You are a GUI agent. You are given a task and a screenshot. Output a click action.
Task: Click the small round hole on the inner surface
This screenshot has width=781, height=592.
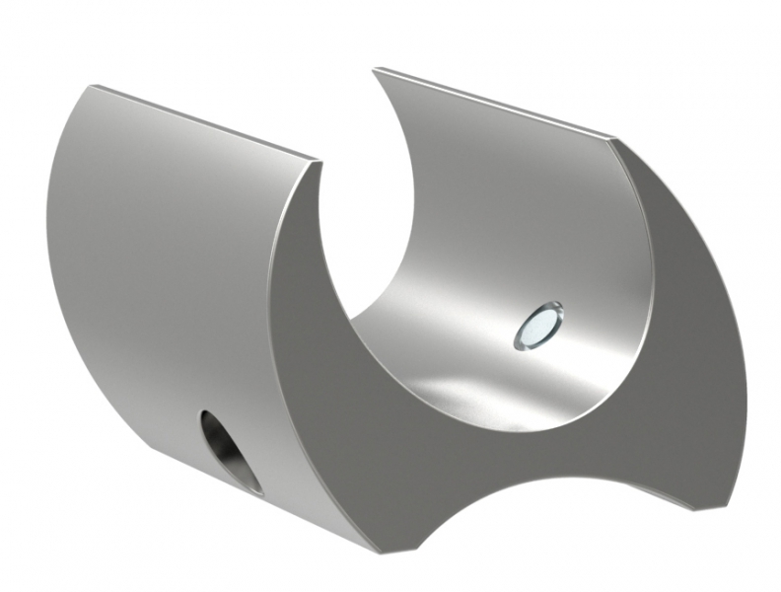tap(538, 327)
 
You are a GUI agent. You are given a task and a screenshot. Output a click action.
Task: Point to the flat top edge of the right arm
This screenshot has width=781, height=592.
tap(493, 105)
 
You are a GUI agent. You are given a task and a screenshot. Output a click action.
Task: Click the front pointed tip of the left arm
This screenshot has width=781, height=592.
tap(319, 162)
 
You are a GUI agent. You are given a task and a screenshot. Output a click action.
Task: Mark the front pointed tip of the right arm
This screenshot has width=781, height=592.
tap(616, 140)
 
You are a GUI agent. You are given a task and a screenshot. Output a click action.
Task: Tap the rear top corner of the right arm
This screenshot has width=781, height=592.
tap(376, 69)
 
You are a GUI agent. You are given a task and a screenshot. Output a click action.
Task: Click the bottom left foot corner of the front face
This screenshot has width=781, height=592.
tap(374, 549)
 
